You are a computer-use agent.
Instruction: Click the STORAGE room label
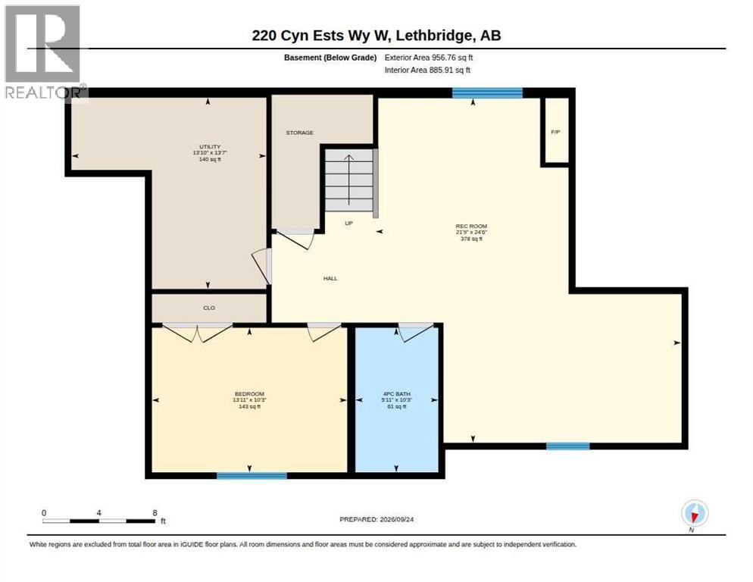click(300, 133)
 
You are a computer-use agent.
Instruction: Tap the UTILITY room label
click(210, 146)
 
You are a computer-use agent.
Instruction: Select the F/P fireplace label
click(555, 132)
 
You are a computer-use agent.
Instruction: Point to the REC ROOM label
click(471, 226)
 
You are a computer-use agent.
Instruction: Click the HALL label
click(330, 278)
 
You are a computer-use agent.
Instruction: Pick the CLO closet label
click(209, 308)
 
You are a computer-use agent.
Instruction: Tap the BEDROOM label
click(249, 394)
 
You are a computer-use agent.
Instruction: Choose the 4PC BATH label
click(397, 394)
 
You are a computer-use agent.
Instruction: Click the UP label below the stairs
click(348, 224)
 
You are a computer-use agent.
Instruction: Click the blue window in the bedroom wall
click(252, 476)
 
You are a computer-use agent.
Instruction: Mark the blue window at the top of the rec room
click(487, 92)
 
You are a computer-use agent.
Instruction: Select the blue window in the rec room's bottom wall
click(568, 446)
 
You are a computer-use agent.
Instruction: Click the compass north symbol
click(695, 513)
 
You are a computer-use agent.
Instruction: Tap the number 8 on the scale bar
click(155, 513)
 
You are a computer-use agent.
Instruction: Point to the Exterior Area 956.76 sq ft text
click(429, 58)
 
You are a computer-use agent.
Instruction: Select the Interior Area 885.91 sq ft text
click(427, 70)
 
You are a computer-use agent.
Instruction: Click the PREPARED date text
click(376, 520)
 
